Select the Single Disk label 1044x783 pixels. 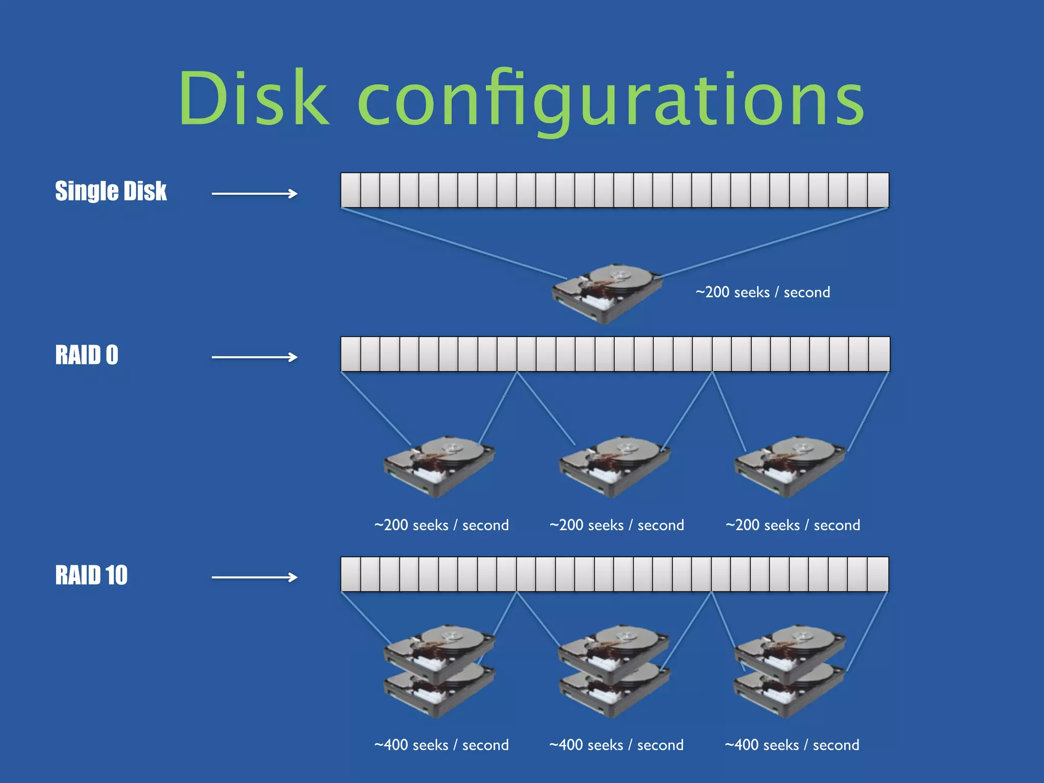[111, 191]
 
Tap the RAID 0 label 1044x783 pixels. [87, 355]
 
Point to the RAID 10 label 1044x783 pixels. [91, 575]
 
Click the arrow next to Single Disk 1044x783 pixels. [254, 193]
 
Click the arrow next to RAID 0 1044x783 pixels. [254, 357]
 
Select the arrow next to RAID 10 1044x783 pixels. [254, 577]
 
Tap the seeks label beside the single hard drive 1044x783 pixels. [763, 292]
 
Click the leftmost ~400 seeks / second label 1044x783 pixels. [441, 745]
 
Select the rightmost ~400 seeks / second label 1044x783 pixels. [792, 745]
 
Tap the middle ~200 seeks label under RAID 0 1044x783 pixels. [616, 525]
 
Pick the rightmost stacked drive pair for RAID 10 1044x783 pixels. [789, 670]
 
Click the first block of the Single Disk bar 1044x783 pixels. [351, 190]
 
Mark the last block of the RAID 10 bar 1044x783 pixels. [878, 574]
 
